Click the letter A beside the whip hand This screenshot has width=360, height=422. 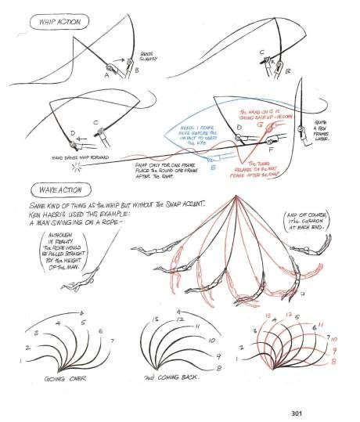[x=106, y=75]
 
